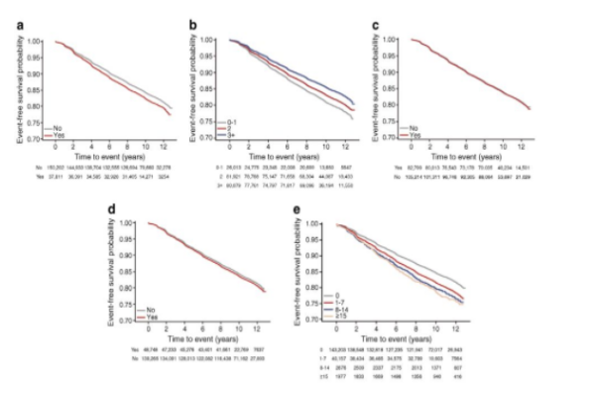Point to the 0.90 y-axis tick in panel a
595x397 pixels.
coord(36,82)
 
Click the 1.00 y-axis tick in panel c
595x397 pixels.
coord(392,41)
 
